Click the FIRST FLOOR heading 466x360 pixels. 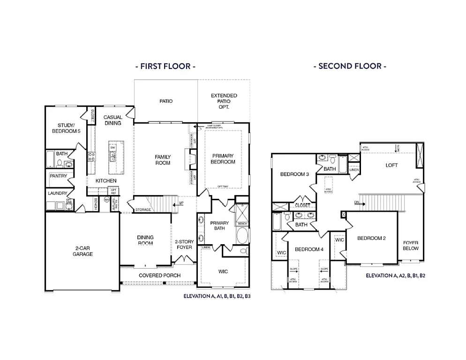(x=165, y=66)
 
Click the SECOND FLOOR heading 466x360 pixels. (x=350, y=66)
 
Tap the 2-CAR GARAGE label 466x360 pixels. (x=83, y=251)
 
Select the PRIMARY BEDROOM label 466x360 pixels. (x=223, y=158)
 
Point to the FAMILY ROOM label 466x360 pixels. (x=163, y=160)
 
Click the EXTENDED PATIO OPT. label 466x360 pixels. (x=224, y=101)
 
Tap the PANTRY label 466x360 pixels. (x=59, y=176)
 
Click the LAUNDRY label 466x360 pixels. (x=57, y=193)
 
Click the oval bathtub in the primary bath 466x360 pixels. (x=242, y=235)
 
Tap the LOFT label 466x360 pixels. (x=391, y=165)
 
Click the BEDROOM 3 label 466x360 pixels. (x=294, y=174)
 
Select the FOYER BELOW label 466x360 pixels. (x=411, y=245)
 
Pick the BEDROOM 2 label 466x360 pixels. (x=371, y=238)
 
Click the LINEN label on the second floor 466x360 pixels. (x=354, y=170)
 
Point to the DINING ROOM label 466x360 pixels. (x=145, y=240)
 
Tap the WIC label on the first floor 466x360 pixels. (x=223, y=271)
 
